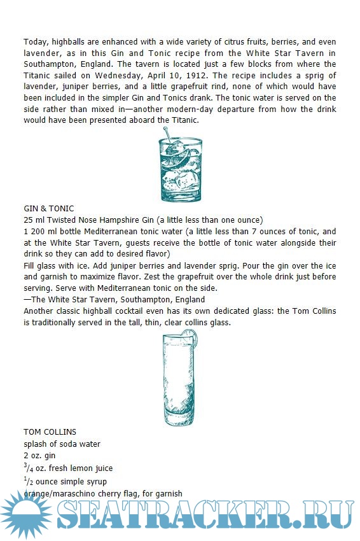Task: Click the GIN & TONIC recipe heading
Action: [x=48, y=209]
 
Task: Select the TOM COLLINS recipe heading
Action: [x=50, y=432]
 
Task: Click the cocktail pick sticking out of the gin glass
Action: [x=168, y=135]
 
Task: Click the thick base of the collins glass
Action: [x=179, y=418]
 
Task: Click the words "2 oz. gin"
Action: [x=39, y=456]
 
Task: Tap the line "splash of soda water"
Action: [x=62, y=444]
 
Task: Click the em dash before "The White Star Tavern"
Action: [x=27, y=300]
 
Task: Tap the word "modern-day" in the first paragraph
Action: [x=190, y=109]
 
